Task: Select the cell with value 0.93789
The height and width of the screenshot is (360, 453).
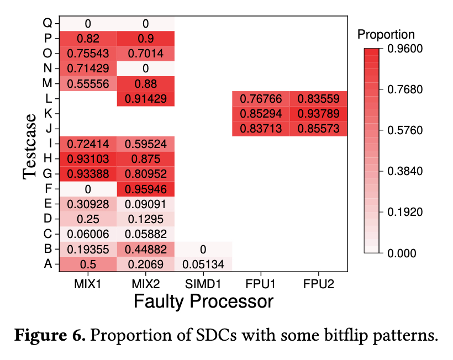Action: coord(318,114)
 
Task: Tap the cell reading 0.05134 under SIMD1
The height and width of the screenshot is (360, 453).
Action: coord(203,264)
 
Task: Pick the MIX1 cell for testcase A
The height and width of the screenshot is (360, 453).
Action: coord(88,264)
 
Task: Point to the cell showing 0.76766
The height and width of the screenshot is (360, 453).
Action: coord(261,99)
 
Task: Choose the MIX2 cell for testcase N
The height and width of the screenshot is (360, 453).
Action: coord(145,68)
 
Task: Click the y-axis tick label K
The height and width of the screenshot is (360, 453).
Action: coord(48,114)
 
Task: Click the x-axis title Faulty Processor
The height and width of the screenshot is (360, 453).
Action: coord(203,301)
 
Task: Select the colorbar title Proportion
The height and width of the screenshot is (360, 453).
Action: coord(386,34)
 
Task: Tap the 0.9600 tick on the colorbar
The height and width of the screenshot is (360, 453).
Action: coord(405,49)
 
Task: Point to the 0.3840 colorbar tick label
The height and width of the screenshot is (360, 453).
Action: coord(405,171)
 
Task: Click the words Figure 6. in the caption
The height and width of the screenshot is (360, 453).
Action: coord(49,336)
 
